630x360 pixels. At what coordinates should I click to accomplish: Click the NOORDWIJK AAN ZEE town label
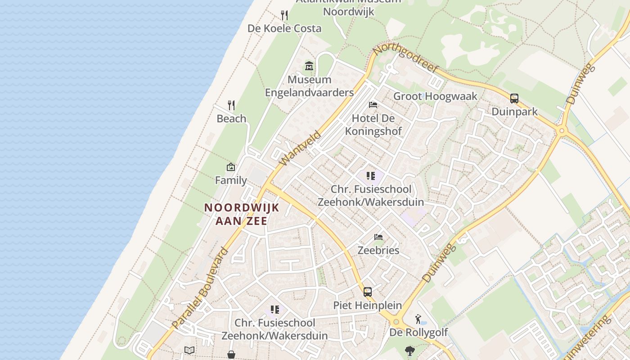242,214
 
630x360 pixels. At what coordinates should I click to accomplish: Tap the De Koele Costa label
284,28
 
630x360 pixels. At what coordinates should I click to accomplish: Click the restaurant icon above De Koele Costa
284,15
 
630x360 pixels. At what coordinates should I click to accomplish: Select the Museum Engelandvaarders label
309,86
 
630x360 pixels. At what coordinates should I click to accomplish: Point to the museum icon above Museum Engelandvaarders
309,67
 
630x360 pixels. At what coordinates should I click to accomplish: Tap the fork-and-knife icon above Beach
231,105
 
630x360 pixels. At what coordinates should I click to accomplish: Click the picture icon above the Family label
231,167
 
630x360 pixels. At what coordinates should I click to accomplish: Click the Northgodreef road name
406,58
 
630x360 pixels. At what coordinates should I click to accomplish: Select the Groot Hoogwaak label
435,96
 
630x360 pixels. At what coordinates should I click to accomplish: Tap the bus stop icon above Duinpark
514,99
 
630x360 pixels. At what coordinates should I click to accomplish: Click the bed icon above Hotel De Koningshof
373,105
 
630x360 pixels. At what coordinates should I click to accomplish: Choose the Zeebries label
378,250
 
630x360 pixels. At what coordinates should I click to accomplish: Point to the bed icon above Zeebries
378,237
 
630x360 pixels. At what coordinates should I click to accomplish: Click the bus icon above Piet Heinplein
368,292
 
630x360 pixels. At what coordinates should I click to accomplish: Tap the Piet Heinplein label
367,305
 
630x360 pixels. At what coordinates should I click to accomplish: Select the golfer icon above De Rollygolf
418,319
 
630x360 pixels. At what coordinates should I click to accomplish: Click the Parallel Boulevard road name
200,288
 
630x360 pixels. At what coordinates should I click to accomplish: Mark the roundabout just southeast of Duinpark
561,131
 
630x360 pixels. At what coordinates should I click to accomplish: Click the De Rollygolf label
418,333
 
